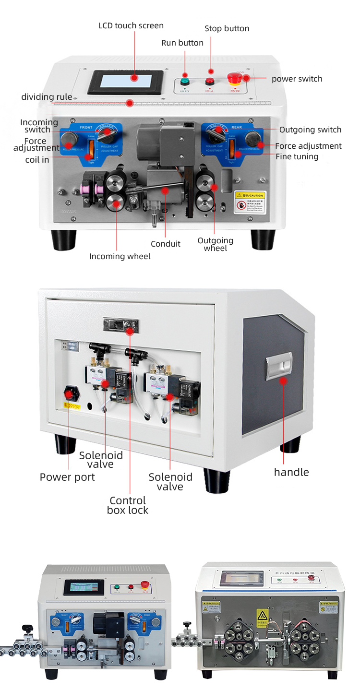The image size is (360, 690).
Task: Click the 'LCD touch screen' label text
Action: click(x=131, y=25)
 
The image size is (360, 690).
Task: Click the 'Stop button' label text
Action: click(x=227, y=28)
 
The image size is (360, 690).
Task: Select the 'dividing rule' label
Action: click(x=47, y=97)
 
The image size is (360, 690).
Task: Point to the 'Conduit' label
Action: click(x=166, y=244)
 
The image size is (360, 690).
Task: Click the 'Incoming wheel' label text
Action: click(x=120, y=256)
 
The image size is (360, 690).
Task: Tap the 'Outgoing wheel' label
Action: click(x=216, y=244)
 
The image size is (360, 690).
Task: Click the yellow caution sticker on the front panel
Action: click(x=249, y=202)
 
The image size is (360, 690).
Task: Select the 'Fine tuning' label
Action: click(x=297, y=156)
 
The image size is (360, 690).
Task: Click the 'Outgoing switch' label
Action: click(x=310, y=130)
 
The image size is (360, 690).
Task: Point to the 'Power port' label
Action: click(x=67, y=477)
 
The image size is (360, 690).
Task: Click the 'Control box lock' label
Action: click(x=128, y=505)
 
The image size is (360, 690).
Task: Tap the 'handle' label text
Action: click(x=291, y=472)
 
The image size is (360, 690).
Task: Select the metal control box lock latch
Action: click(x=120, y=325)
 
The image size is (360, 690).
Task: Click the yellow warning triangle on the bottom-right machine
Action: click(x=262, y=616)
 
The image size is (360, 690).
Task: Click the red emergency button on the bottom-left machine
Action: click(x=144, y=585)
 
